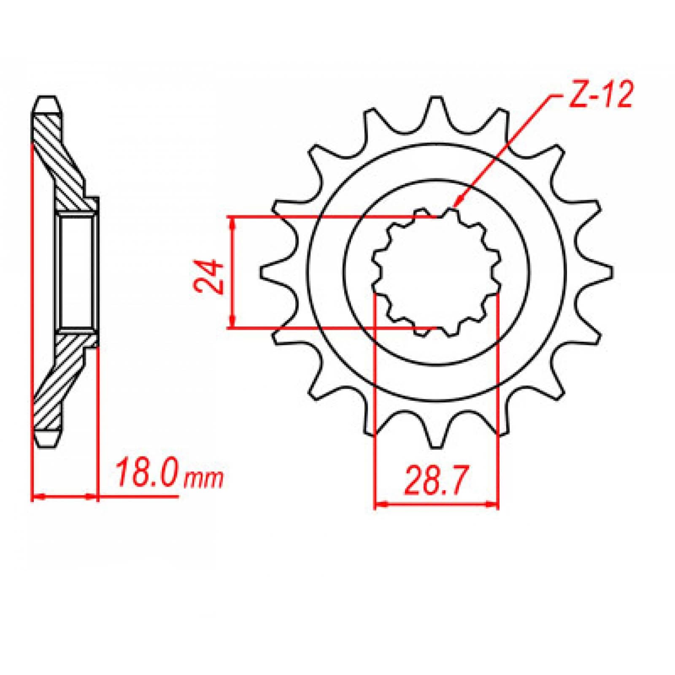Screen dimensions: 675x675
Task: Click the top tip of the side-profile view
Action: pos(46,101)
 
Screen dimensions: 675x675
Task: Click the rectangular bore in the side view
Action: pos(76,272)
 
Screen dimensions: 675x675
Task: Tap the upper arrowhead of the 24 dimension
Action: pos(232,222)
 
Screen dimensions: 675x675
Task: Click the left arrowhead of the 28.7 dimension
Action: pos(380,503)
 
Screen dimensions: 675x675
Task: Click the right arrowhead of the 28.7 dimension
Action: pos(494,503)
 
